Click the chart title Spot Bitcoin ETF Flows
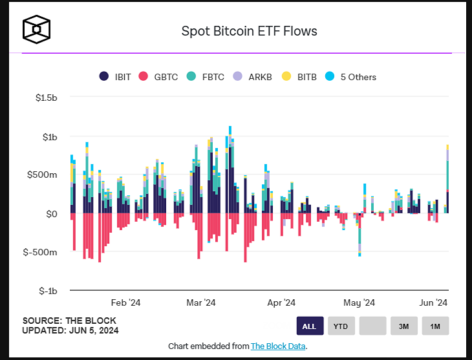(x=248, y=30)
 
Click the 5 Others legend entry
(x=351, y=76)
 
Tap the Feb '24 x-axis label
(x=125, y=302)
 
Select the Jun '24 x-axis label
(x=433, y=302)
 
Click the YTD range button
(x=341, y=326)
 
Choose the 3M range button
(x=403, y=326)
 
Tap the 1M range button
(x=435, y=326)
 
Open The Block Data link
(x=278, y=346)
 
